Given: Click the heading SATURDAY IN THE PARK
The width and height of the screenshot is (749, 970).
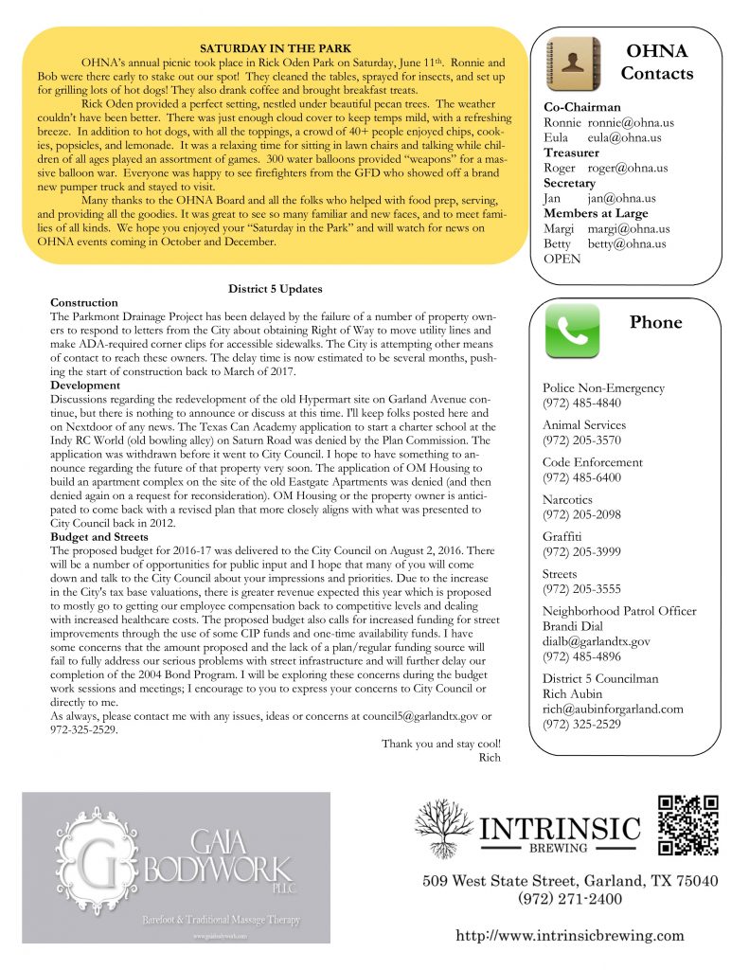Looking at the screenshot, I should click(x=276, y=48).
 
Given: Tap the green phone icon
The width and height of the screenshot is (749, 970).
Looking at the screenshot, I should click(x=572, y=330).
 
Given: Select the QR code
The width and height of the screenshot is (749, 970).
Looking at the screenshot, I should click(x=688, y=824).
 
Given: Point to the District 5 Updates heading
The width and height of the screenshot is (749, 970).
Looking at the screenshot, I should click(x=276, y=288).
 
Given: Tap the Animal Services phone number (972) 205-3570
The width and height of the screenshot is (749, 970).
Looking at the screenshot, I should click(x=581, y=440).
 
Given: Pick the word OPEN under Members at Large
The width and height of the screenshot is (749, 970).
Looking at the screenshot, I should click(x=562, y=259).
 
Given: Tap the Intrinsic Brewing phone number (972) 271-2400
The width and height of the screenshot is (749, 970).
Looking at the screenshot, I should click(x=570, y=899).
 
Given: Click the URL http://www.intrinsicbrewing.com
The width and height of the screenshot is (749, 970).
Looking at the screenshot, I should click(x=570, y=935).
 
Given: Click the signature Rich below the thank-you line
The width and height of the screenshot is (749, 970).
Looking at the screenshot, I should click(x=490, y=757).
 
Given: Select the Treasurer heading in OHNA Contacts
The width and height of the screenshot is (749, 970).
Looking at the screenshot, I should click(x=571, y=153).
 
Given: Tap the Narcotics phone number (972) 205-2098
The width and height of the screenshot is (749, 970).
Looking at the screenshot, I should click(x=581, y=514).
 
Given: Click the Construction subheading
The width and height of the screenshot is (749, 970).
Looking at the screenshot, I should click(x=84, y=302).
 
